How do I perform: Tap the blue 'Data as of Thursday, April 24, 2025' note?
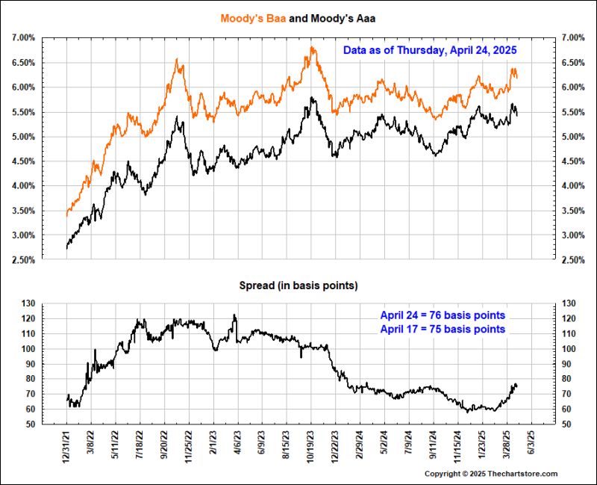(430, 50)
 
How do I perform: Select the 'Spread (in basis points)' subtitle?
(298, 285)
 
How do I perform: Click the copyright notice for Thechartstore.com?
(491, 474)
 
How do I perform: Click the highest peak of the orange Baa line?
(312, 48)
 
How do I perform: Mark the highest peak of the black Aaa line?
(312, 97)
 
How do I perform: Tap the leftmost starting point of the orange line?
(66, 216)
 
